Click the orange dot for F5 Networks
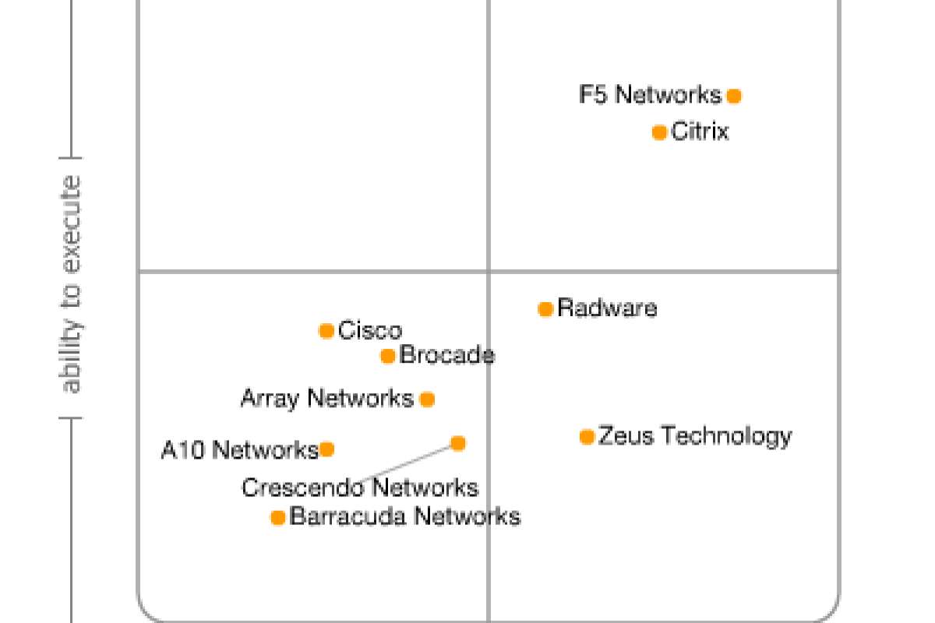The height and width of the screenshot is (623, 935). pos(734,96)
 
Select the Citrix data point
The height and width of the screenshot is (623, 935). pos(659,132)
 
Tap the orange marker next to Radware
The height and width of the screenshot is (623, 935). pos(545,309)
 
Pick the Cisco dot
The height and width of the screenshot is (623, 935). pos(326,331)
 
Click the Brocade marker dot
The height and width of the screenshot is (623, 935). pos(388,357)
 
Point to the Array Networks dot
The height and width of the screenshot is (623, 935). pos(427,399)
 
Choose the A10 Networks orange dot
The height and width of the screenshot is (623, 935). pos(327,449)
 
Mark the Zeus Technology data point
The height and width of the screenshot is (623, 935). pos(587,437)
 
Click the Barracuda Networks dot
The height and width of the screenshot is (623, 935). pos(278,517)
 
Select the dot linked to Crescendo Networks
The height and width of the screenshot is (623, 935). pos(458,444)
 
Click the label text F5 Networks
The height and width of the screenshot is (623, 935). pos(651,95)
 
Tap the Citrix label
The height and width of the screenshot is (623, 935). pos(700,132)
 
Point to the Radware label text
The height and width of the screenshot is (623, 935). pos(607,308)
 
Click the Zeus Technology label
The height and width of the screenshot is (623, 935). pos(694,435)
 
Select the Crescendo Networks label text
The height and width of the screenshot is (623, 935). pos(359,488)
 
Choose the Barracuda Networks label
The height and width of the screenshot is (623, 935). pos(404,516)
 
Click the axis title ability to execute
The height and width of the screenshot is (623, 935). pos(71,284)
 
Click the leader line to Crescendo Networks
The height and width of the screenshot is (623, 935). pos(405,463)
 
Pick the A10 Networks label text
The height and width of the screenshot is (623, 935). pos(239,450)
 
